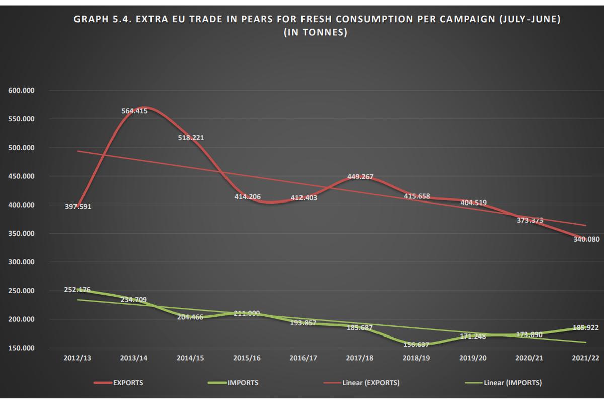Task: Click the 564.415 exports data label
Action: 134,111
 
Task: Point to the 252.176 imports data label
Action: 78,290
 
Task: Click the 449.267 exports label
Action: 360,177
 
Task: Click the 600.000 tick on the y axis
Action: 21,91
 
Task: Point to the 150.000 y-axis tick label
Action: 21,348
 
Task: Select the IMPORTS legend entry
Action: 243,383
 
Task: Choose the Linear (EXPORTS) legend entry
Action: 370,383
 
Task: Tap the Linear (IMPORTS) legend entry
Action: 512,383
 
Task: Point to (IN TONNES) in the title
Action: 316,32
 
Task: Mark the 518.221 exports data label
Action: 190,138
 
